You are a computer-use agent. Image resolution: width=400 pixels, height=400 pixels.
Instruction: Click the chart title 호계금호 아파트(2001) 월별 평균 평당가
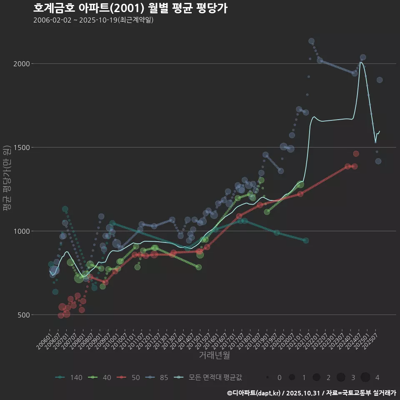coord(130,8)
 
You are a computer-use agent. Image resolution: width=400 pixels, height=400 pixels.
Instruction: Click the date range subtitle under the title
coord(93,20)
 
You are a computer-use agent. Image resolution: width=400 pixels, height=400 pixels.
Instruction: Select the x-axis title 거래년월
coord(214,355)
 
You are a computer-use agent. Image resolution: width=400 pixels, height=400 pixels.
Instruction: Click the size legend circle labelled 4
coord(365,377)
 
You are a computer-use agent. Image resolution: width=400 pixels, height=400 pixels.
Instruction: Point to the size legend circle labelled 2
coord(316,377)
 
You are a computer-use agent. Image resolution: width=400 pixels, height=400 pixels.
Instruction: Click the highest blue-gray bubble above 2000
coord(311,41)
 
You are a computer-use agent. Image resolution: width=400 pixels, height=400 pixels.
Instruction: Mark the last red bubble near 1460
coord(356,154)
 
